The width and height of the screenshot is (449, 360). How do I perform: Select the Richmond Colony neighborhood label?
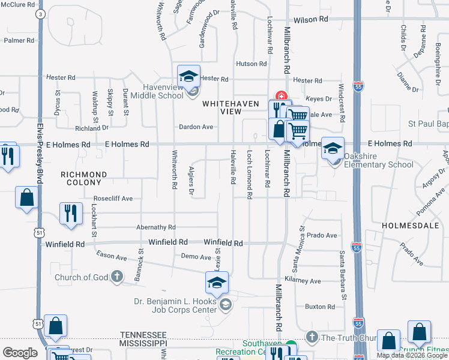[x=83, y=178]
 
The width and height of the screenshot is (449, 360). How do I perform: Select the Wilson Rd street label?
[x=311, y=19]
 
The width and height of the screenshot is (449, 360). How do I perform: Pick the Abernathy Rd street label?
[x=155, y=227]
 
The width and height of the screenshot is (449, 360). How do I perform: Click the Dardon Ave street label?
[x=196, y=127]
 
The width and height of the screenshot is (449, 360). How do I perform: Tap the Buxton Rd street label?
[x=319, y=307]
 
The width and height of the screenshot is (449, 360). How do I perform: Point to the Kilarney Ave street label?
[x=303, y=281]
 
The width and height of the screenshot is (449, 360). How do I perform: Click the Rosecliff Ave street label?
[x=113, y=198]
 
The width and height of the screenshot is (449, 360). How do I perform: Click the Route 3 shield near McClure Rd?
[x=40, y=13]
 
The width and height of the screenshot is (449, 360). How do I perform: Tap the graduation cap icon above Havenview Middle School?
[x=188, y=76]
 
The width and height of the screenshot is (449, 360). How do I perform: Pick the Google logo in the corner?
[x=20, y=353]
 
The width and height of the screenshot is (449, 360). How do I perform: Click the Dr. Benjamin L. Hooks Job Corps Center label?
[x=174, y=306]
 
